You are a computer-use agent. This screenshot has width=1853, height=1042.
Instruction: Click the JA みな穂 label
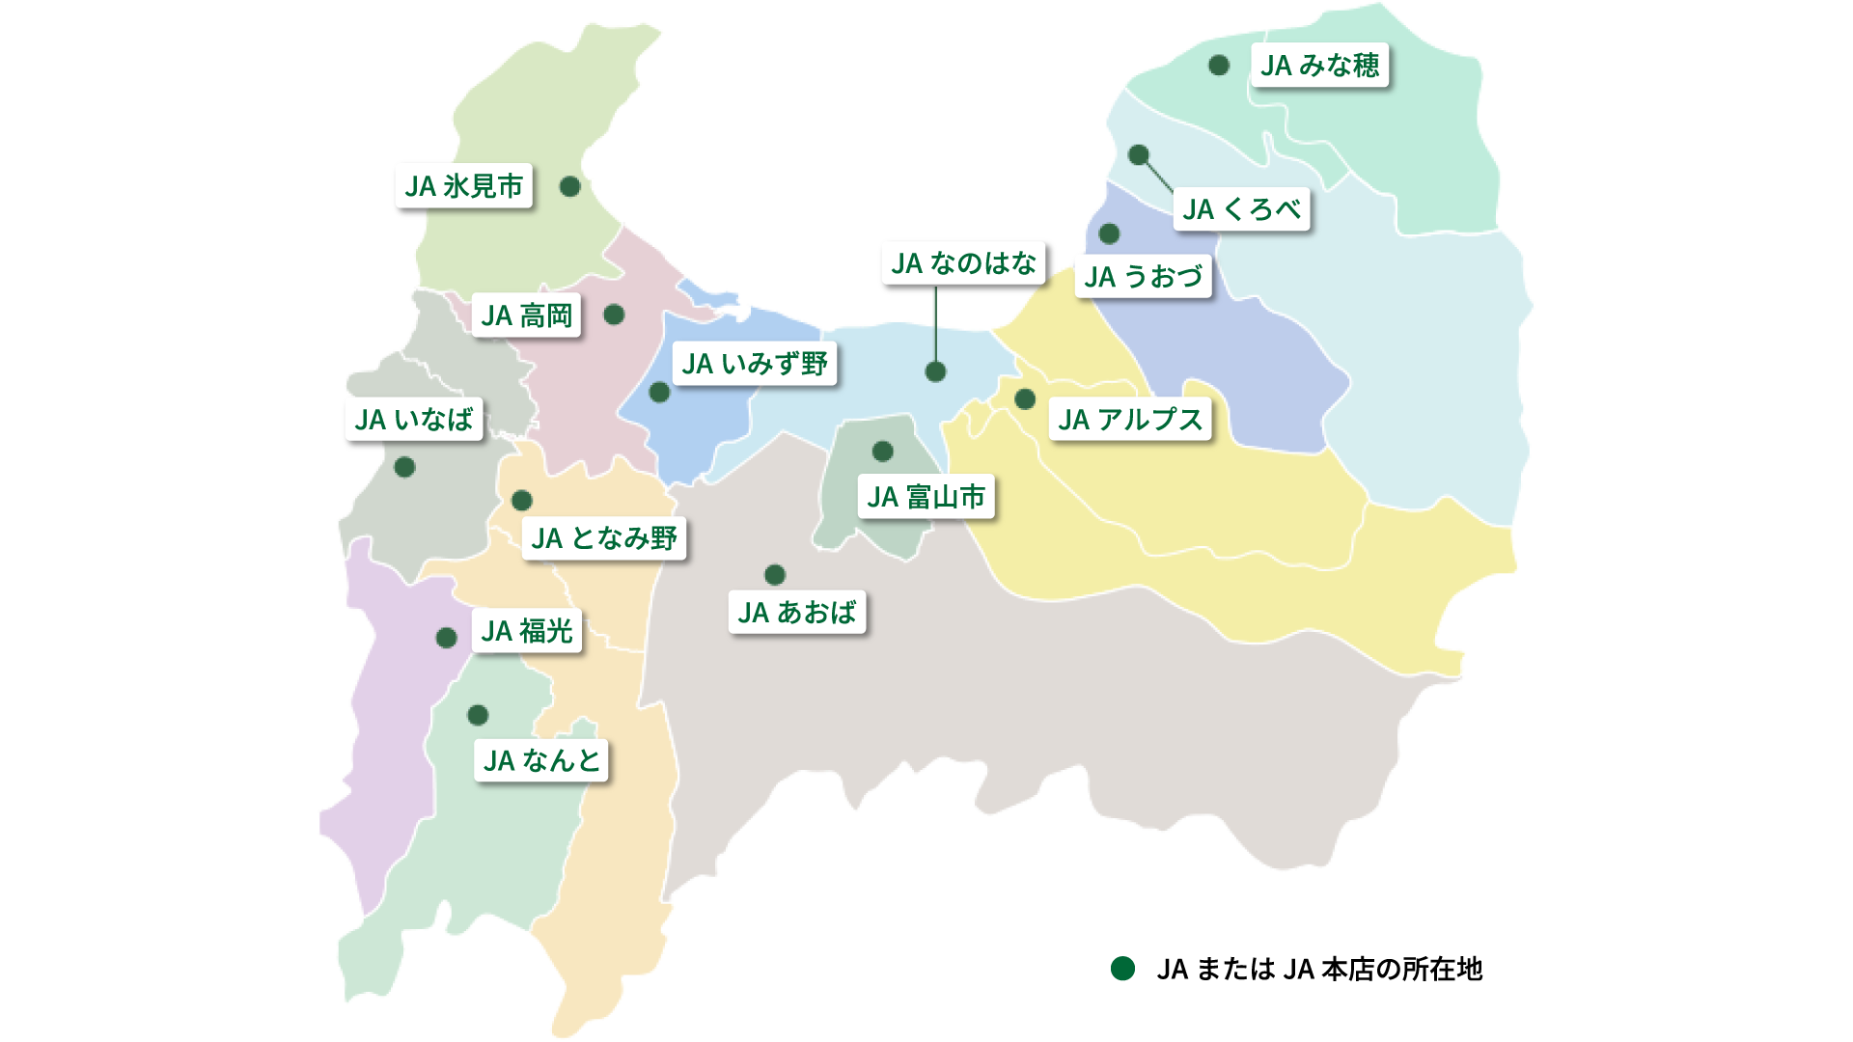click(1319, 66)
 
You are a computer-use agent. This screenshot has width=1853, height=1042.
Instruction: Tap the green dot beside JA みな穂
click(1219, 65)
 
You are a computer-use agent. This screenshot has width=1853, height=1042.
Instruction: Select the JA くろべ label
click(1241, 209)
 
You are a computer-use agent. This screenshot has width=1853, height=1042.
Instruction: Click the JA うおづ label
click(1143, 277)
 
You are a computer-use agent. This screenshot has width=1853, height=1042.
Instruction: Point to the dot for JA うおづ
click(1109, 233)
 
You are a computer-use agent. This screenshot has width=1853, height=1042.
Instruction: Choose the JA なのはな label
click(963, 263)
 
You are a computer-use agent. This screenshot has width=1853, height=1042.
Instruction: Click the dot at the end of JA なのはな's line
click(935, 371)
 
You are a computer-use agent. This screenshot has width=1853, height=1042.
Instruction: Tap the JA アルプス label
click(1130, 420)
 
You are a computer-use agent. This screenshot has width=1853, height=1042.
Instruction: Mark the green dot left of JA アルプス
click(1025, 398)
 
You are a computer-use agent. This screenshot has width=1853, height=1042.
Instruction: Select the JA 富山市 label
click(926, 497)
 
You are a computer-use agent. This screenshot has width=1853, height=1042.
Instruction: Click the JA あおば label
click(796, 613)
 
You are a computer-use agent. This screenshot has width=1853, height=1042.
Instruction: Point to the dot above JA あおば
click(774, 575)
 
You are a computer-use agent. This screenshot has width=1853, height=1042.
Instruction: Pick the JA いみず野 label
click(754, 364)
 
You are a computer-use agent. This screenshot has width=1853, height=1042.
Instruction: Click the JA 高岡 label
click(526, 315)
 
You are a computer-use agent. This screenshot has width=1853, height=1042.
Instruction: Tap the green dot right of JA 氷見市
click(570, 186)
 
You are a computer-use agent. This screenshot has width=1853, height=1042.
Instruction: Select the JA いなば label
click(413, 420)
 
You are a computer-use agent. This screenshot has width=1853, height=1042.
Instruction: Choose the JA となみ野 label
click(604, 538)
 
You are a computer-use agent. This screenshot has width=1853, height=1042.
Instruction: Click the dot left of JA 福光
click(446, 638)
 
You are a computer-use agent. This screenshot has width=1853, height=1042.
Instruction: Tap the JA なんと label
click(541, 760)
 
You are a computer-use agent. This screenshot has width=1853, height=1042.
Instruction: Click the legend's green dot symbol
click(1122, 969)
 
